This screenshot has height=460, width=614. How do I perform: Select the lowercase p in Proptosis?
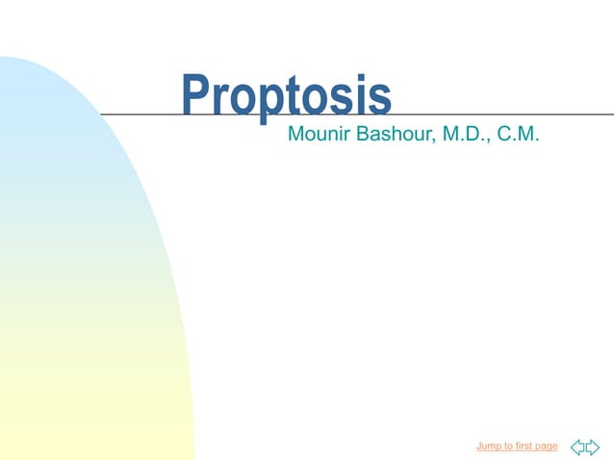(273, 104)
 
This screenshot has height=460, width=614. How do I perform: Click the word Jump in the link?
(489, 447)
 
